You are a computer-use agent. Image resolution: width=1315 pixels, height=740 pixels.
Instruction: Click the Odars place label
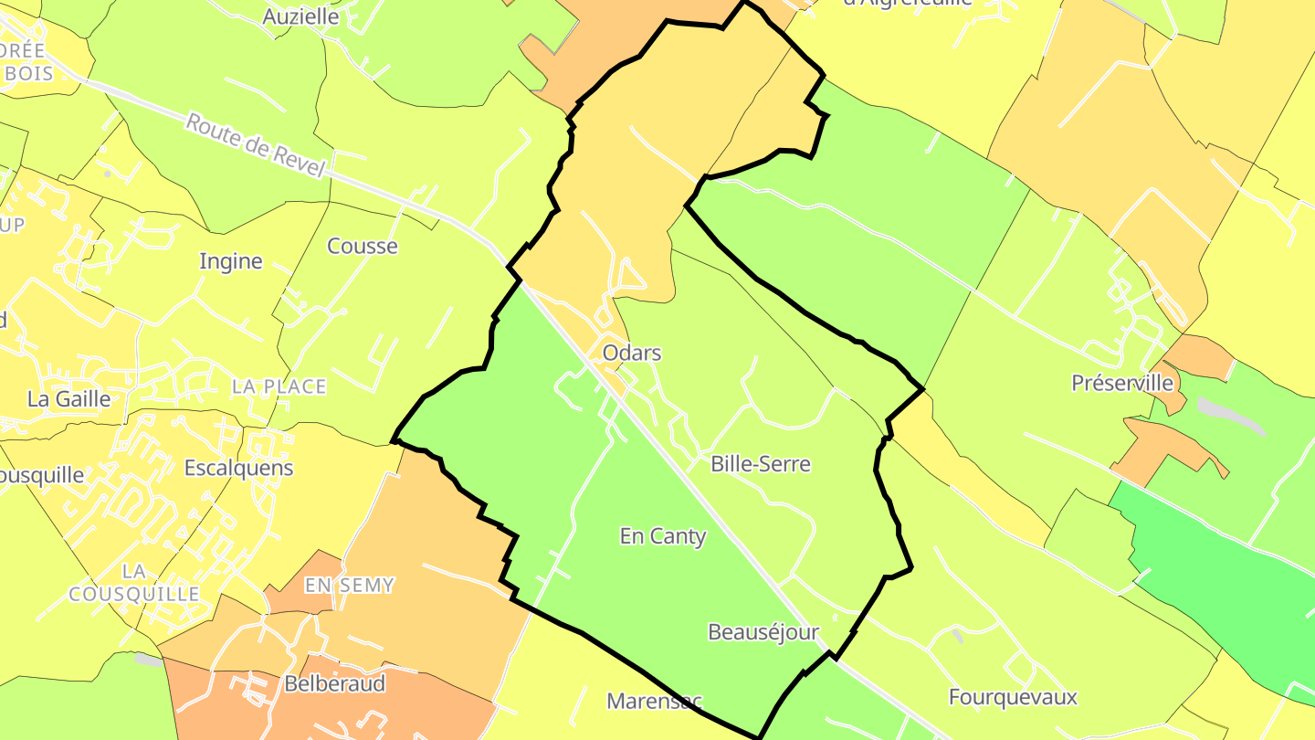click(x=631, y=353)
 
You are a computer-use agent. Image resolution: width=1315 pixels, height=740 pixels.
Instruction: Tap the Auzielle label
click(x=300, y=16)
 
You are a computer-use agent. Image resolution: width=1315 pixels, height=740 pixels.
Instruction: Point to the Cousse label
click(x=363, y=246)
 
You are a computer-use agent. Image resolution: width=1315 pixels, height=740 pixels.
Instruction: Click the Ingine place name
click(x=231, y=261)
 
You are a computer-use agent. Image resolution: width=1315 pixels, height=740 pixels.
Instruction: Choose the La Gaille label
click(x=68, y=399)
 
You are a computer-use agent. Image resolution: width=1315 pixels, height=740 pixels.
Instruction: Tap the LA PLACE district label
click(x=279, y=386)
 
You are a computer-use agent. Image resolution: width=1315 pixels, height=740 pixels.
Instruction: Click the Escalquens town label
click(x=238, y=468)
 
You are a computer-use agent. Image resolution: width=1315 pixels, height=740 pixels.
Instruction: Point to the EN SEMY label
click(x=349, y=585)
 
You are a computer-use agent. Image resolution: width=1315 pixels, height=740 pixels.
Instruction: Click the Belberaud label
click(x=334, y=683)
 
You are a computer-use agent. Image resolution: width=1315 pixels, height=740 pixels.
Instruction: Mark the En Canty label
click(x=663, y=536)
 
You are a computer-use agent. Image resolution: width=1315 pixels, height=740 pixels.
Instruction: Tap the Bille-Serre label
click(x=760, y=464)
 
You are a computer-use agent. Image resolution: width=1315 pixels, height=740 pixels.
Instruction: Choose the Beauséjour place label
click(x=763, y=632)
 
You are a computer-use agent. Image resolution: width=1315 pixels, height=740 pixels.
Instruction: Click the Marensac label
click(x=654, y=702)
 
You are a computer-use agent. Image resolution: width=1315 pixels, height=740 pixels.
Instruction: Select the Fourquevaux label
click(x=1013, y=697)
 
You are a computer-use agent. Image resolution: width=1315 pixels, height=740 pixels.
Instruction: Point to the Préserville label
click(x=1121, y=383)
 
